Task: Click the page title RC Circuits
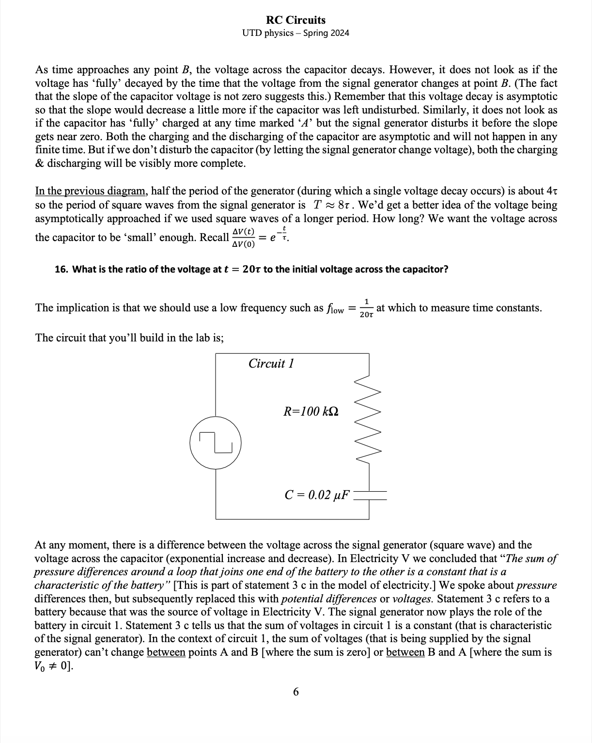click(x=296, y=20)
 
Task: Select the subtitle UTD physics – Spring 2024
click(x=296, y=33)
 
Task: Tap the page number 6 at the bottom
click(x=296, y=692)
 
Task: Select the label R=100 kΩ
click(x=311, y=412)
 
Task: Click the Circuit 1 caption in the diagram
click(x=271, y=364)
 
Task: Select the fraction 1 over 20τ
click(x=367, y=308)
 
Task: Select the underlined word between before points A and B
click(x=166, y=652)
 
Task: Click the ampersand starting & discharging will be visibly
click(x=39, y=163)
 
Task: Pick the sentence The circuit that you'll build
click(x=129, y=338)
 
